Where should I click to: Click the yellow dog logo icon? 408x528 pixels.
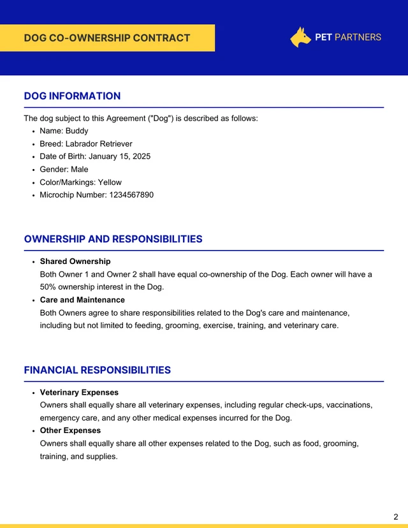click(300, 37)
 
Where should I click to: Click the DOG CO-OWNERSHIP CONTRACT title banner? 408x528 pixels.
click(107, 38)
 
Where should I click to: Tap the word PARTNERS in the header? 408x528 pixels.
click(358, 37)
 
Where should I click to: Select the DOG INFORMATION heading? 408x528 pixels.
click(72, 96)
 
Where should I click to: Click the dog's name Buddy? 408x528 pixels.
click(77, 131)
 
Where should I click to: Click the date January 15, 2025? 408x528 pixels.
click(119, 156)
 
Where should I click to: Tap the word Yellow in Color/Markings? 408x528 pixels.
click(110, 182)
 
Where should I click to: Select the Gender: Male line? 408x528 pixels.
click(64, 169)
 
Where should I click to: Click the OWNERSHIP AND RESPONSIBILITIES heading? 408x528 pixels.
click(113, 239)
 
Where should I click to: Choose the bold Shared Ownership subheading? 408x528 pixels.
click(75, 261)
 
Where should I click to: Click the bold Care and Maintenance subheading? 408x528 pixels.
click(82, 300)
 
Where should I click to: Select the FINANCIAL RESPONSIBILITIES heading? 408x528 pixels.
click(97, 370)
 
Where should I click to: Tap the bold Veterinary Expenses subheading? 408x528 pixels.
click(79, 392)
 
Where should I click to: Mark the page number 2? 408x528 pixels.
click(395, 517)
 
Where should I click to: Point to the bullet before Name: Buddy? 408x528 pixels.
click(33, 131)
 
